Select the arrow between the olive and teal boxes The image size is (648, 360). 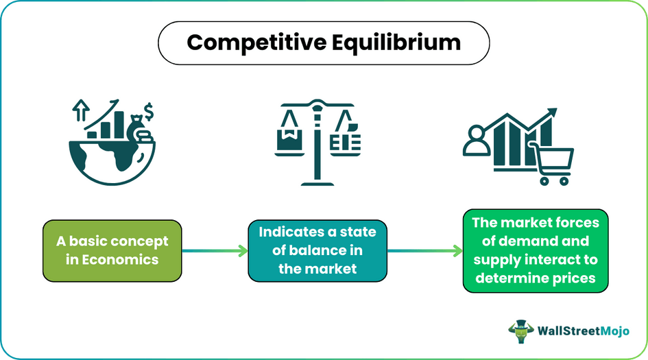[x=215, y=252]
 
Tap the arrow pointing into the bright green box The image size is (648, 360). [x=425, y=252]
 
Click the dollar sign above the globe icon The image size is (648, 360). [x=149, y=110]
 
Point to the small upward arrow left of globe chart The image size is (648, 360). [x=82, y=109]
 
